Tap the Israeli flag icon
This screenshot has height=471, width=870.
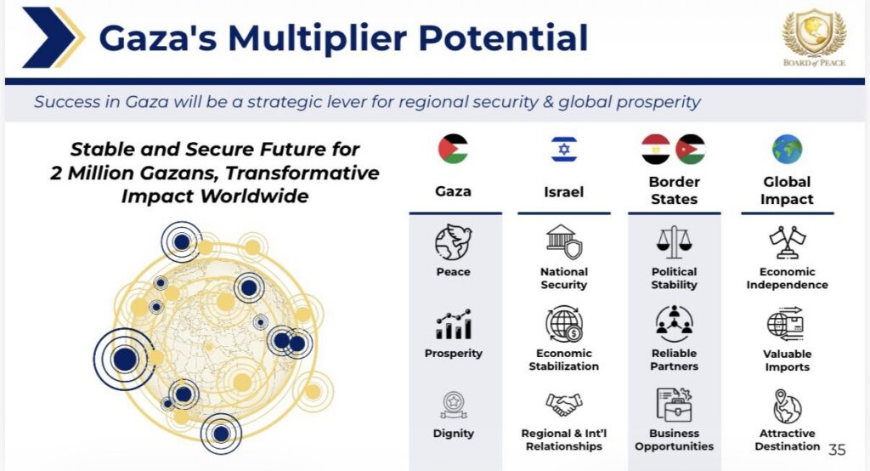tap(564, 149)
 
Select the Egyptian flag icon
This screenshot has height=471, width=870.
tap(656, 149)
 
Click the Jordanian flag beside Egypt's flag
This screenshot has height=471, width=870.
tap(691, 149)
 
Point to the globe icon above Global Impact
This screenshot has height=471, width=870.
tap(787, 149)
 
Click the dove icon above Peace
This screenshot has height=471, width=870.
tap(454, 242)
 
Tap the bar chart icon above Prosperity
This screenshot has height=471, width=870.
tap(454, 325)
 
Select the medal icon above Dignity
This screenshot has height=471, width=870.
tap(454, 405)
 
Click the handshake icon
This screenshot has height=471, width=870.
tap(564, 404)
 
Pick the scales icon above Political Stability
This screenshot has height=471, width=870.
tap(674, 242)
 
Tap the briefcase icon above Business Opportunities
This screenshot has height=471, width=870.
tap(674, 405)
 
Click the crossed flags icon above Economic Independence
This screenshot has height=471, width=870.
tap(788, 242)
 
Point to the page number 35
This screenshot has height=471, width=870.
tap(837, 450)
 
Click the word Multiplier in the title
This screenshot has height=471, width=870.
tap(318, 37)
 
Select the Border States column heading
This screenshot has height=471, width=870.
tap(674, 190)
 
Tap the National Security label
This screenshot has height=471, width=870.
tap(564, 278)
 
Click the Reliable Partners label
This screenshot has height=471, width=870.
tap(674, 360)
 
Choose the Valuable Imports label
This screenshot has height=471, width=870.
tap(788, 360)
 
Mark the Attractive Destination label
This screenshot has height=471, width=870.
tap(788, 440)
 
